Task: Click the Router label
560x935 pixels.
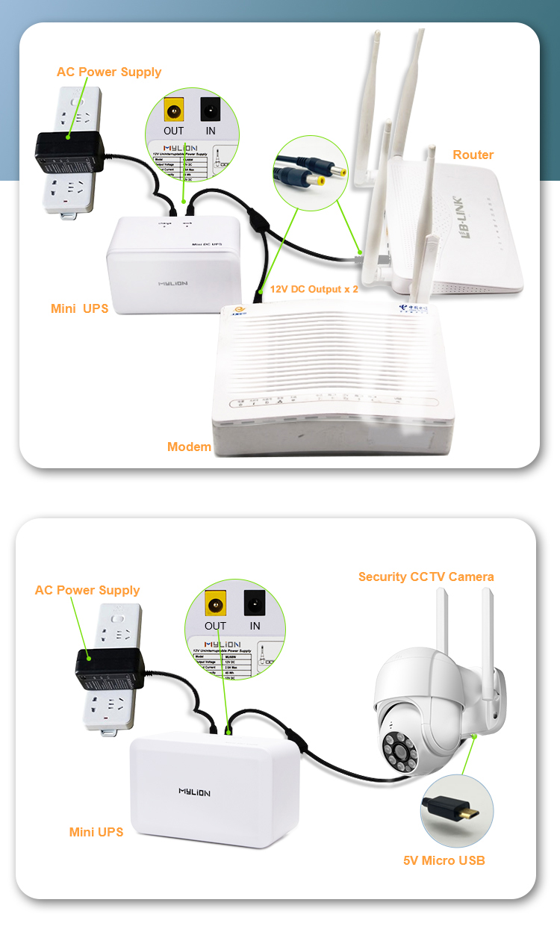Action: click(x=473, y=155)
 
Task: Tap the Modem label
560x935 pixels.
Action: click(x=189, y=447)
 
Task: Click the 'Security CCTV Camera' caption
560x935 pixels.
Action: click(x=426, y=577)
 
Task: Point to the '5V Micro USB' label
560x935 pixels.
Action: click(x=444, y=860)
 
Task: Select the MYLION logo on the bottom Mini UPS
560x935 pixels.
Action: click(x=194, y=792)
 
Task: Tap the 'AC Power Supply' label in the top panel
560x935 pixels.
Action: click(x=109, y=72)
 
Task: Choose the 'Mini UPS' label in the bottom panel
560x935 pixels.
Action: click(x=96, y=831)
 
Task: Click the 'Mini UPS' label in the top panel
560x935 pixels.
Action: click(x=79, y=308)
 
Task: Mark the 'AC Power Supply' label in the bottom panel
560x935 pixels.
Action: click(x=87, y=590)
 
